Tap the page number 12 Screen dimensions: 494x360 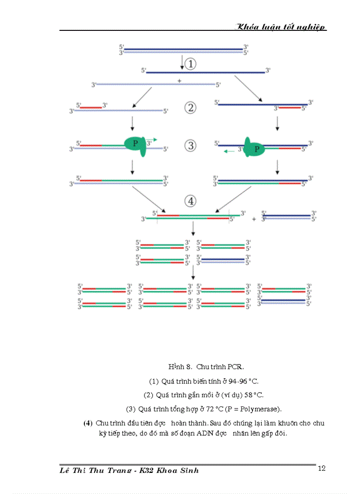click(x=322, y=468)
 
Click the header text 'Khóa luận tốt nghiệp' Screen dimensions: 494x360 click(x=281, y=27)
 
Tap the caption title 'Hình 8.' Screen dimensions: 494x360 click(x=180, y=367)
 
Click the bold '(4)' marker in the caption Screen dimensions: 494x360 click(x=88, y=423)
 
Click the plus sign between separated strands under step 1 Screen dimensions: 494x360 click(x=179, y=81)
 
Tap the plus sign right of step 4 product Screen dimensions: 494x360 click(x=254, y=219)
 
